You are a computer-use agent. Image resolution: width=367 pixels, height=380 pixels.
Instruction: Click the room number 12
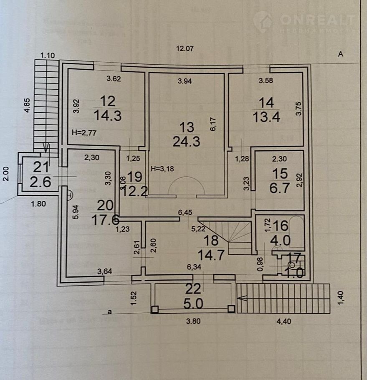[x=107, y=101]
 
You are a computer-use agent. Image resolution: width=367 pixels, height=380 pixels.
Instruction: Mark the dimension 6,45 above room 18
[x=185, y=213]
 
